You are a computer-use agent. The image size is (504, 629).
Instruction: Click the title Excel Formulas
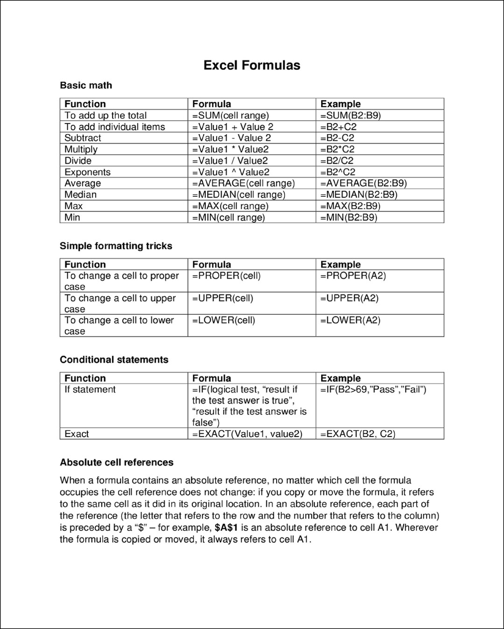(x=252, y=65)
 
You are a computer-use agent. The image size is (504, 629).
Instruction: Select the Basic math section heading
(x=86, y=85)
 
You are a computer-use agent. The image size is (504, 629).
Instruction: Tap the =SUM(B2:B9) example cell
(x=350, y=116)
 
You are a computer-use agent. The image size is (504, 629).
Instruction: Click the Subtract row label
(x=83, y=138)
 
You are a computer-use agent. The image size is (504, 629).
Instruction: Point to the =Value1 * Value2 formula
(x=231, y=150)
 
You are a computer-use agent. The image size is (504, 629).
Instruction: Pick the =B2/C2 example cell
(x=337, y=161)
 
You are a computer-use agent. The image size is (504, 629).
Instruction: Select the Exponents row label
(x=87, y=172)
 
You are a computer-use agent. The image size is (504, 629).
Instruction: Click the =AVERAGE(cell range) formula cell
(x=244, y=183)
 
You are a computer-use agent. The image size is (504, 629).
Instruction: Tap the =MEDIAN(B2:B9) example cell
(x=359, y=195)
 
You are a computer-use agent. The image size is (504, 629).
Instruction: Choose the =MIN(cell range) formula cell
(x=229, y=217)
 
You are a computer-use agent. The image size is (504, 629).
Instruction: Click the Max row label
(x=73, y=206)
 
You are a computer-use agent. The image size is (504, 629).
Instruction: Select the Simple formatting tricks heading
(x=116, y=246)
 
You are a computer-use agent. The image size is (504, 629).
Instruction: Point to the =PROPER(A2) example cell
(x=353, y=276)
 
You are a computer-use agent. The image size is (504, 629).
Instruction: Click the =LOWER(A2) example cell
(x=350, y=320)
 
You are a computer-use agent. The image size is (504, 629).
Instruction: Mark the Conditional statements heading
(x=114, y=359)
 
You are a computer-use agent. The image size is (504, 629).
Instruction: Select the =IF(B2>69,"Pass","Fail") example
(x=373, y=390)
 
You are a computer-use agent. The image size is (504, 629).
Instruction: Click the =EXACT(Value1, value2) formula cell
(x=247, y=434)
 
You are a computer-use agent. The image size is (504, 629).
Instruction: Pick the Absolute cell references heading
(x=117, y=463)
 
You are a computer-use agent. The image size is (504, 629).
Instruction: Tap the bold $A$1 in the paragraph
(x=226, y=528)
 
